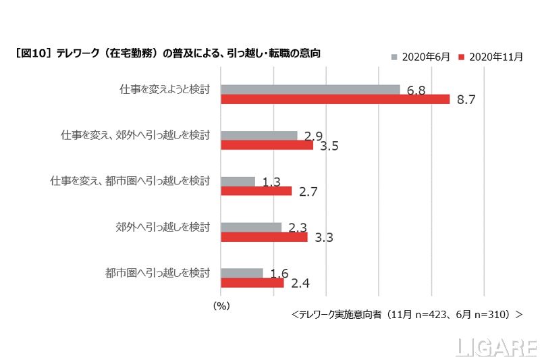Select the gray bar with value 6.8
click(310, 89)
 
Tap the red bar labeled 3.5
click(267, 145)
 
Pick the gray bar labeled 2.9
click(259, 135)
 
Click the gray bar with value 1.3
click(238, 181)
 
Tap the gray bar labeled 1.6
click(242, 273)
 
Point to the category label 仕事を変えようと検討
click(163, 88)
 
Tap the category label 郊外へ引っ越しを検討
click(163, 227)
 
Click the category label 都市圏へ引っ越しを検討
click(158, 273)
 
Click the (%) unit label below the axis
click(221, 305)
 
